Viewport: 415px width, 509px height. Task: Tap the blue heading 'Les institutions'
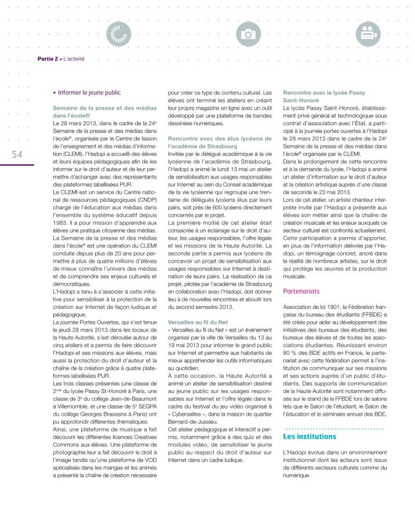(x=310, y=436)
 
